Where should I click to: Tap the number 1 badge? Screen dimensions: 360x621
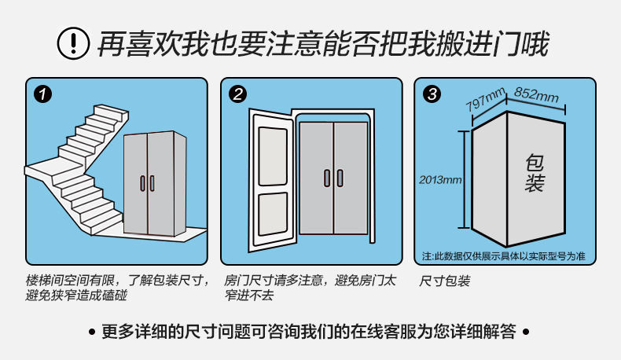44,95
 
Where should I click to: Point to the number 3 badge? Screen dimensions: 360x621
432,95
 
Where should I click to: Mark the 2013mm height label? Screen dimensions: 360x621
440,180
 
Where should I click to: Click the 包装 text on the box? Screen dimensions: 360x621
535,174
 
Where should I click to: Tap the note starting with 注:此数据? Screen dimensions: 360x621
503,256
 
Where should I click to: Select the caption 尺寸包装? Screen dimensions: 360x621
444,281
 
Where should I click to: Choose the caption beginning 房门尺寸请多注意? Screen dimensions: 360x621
310,288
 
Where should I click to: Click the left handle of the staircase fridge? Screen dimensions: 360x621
143,183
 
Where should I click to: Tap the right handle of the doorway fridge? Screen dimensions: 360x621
340,178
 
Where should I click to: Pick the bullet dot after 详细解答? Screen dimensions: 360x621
527,332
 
